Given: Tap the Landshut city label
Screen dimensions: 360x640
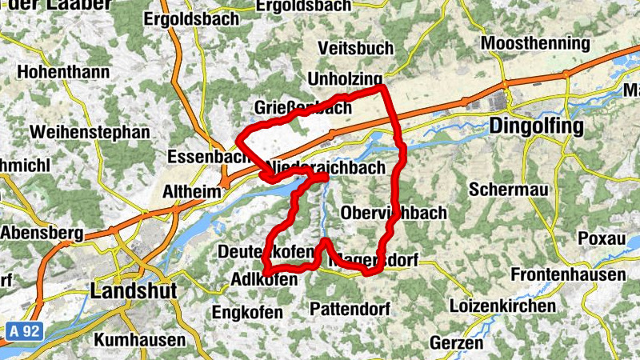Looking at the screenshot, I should [x=134, y=290].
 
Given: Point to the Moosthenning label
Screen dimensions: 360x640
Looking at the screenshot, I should [x=536, y=42].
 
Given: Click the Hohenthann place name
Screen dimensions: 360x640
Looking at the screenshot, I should [x=63, y=72].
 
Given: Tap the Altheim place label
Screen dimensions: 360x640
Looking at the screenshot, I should [x=191, y=192].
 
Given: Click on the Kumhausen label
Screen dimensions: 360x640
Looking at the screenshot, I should [x=139, y=340].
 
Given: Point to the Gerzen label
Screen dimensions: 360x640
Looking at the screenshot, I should [x=457, y=343].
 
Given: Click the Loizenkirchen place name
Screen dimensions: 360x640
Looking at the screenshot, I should [x=502, y=306].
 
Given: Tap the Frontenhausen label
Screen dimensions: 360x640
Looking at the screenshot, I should [x=568, y=275].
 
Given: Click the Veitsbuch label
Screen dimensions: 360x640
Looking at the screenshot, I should [x=355, y=49].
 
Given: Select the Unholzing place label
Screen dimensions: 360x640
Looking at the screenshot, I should [x=346, y=79].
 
